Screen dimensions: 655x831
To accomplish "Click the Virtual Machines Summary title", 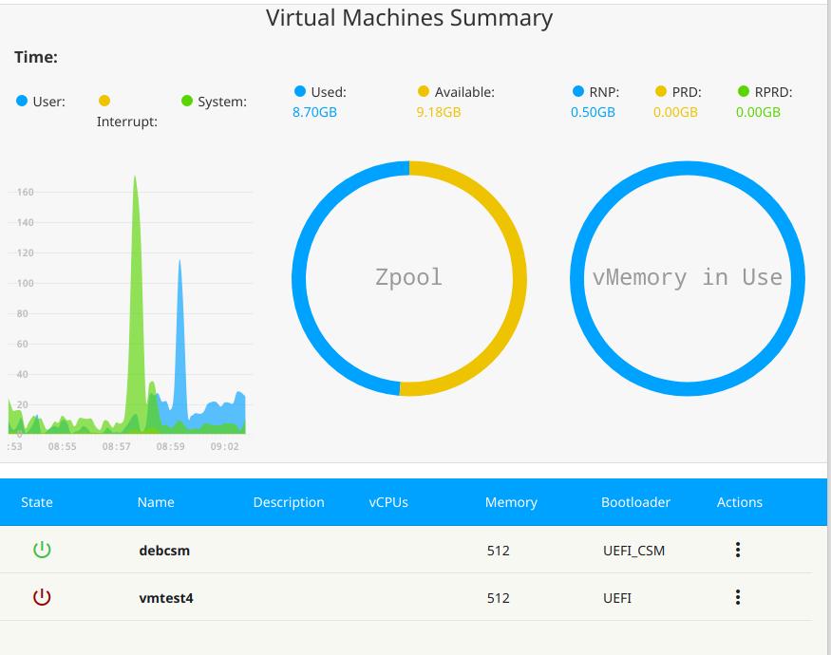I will (x=408, y=18).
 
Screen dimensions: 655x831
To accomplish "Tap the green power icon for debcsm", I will (x=42, y=550).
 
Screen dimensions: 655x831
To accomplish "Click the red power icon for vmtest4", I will (x=42, y=597).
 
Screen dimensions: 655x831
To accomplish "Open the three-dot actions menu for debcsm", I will (x=738, y=550).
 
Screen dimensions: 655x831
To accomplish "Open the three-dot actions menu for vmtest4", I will (x=738, y=597).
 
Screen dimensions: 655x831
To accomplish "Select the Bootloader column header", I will (x=635, y=502).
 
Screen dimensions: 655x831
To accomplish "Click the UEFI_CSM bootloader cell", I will (x=633, y=551).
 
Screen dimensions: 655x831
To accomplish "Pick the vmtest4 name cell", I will (x=166, y=598).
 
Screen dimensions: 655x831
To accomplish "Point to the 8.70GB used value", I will (x=314, y=112).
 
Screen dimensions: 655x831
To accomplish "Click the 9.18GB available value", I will (x=439, y=112).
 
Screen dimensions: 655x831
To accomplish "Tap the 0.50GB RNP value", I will (x=593, y=112).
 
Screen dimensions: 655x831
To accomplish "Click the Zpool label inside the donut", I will (x=408, y=277).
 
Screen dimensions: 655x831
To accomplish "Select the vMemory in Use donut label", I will (x=687, y=277).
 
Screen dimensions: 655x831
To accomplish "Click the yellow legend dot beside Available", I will (x=424, y=92).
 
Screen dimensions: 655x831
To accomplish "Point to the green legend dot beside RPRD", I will (x=744, y=92).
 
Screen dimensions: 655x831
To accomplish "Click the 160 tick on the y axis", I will (x=25, y=193).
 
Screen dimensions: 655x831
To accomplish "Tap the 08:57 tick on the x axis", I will (x=116, y=446).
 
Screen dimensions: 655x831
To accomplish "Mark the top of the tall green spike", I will (x=135, y=177).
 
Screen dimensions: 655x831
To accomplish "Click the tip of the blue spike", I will (x=179, y=260).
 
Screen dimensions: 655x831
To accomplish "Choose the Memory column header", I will (x=511, y=502).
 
